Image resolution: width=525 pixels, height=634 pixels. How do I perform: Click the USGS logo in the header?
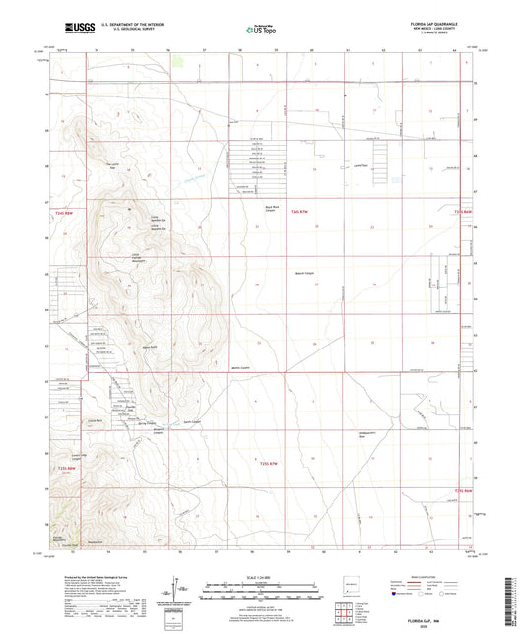(x=76, y=31)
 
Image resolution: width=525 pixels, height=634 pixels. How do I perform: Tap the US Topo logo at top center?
(x=252, y=31)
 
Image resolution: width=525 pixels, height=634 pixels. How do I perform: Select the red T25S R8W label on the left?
(x=65, y=469)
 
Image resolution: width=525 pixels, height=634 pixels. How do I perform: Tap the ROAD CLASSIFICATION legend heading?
(x=434, y=577)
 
